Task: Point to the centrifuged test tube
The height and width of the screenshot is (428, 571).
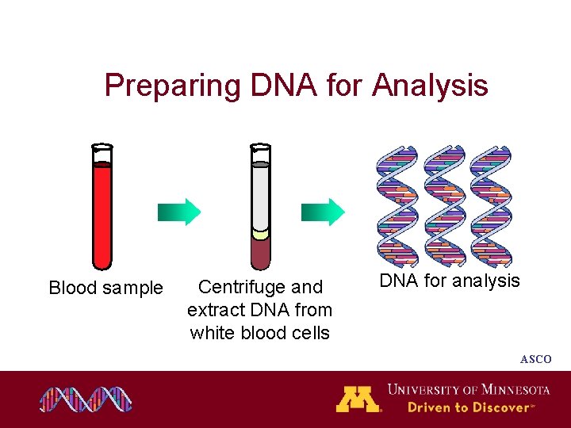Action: pos(260,206)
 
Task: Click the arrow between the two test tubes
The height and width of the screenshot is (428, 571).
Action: pos(179,212)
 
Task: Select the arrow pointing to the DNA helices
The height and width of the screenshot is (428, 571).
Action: pos(324,212)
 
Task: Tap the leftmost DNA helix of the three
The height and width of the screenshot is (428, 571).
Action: pos(397,206)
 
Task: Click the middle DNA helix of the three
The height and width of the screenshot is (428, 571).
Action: pos(443,206)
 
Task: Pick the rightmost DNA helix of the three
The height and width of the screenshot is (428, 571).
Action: pos(491,206)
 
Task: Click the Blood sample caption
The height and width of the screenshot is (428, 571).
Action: pos(105,288)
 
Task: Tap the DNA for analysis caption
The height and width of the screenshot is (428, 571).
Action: pos(450,281)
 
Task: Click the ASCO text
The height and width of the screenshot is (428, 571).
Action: pos(535,359)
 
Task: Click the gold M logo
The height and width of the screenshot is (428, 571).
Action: pos(358,399)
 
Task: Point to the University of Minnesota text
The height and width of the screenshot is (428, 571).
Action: pos(468,389)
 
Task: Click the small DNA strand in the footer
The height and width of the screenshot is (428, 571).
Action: pos(86,399)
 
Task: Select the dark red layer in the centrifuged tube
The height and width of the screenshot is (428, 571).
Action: pos(260,254)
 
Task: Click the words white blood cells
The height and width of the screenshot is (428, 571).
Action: pos(260,333)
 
